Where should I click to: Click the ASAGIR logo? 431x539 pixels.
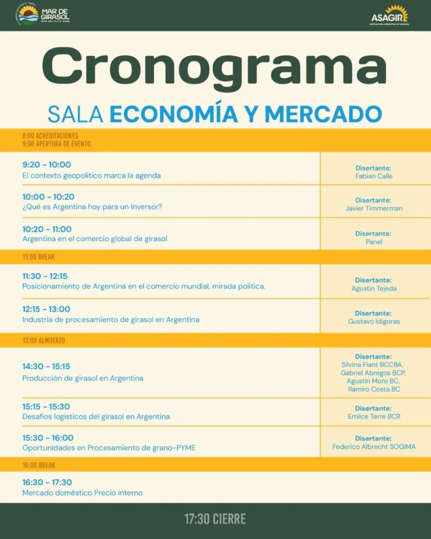click(389, 15)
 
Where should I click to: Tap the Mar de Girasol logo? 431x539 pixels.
click(43, 15)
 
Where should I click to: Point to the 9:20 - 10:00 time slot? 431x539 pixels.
click(47, 164)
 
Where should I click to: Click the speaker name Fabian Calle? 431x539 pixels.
click(373, 176)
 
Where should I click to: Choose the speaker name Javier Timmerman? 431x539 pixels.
click(373, 209)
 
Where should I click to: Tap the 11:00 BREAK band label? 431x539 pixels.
click(39, 257)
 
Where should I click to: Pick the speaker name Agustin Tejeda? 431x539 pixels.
click(373, 289)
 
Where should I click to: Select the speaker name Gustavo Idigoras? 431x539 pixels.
click(373, 321)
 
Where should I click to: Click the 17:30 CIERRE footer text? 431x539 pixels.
click(215, 519)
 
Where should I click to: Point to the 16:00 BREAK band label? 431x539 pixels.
click(39, 465)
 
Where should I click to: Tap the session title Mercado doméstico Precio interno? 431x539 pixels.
click(82, 493)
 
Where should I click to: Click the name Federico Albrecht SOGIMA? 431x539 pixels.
click(374, 447)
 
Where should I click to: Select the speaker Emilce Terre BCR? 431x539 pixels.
click(374, 417)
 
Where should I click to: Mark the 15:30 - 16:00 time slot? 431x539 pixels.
click(48, 437)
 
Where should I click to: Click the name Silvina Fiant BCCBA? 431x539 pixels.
click(373, 365)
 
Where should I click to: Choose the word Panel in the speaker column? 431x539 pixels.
click(373, 242)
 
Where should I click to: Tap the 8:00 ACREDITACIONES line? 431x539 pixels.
click(51, 136)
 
